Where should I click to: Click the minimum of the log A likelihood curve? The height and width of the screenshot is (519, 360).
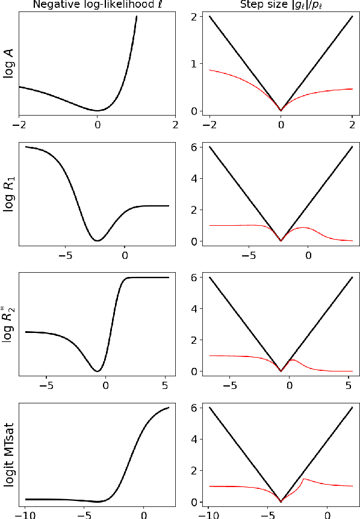[x=98, y=111]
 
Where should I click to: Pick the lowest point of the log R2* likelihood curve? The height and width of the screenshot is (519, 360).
[x=96, y=371]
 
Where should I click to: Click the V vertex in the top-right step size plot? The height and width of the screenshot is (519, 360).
[x=281, y=111]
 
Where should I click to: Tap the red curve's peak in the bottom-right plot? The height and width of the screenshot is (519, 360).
[x=304, y=479]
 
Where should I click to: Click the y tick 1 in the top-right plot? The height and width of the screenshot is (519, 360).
[x=195, y=64]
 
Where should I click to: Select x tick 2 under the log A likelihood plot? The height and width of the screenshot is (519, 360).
[x=175, y=125]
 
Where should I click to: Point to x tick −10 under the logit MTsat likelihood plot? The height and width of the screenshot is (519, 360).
[x=25, y=515]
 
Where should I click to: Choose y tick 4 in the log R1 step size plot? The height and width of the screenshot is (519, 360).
[x=195, y=179]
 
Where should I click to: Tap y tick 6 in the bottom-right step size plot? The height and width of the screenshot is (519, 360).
[x=195, y=408]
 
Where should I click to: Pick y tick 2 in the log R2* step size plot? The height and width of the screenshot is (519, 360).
[x=195, y=340]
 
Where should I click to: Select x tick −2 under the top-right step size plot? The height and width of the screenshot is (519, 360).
[x=209, y=125]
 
